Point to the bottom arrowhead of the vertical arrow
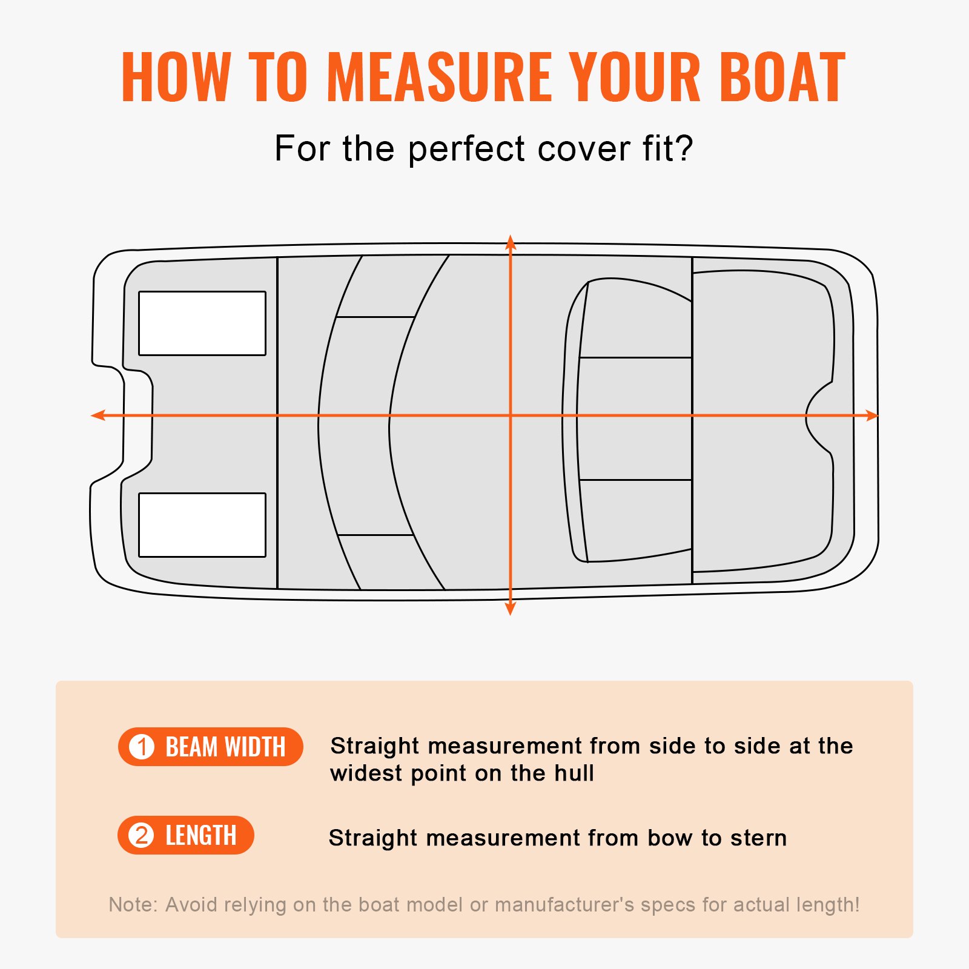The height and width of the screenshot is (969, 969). (x=511, y=609)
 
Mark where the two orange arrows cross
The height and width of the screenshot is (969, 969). (x=511, y=415)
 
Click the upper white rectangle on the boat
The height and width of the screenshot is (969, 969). (x=202, y=323)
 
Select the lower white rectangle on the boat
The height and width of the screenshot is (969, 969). (x=202, y=524)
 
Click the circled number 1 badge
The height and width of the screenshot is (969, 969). (x=142, y=747)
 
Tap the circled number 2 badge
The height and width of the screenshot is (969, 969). (x=142, y=836)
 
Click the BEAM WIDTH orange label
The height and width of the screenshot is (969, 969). (x=225, y=747)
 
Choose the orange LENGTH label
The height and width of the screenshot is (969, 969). (x=200, y=836)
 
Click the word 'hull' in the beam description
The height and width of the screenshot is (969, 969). (x=574, y=773)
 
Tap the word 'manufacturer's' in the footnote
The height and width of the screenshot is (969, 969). (x=564, y=904)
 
